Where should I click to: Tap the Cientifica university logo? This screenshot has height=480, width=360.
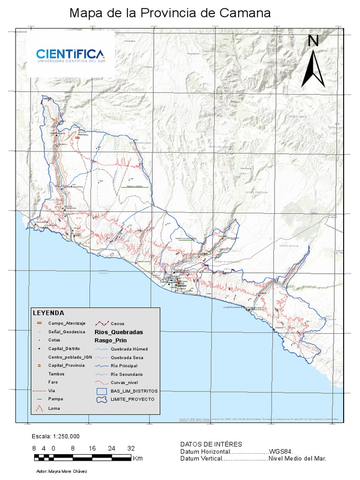[70, 55]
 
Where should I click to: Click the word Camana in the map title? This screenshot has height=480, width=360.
[247, 13]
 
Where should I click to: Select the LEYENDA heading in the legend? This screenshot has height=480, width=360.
[48, 313]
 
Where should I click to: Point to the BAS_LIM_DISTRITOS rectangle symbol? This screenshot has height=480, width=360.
[102, 390]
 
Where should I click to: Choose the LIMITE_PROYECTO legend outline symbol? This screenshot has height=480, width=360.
[102, 399]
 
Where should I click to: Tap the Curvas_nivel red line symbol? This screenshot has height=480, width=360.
[102, 382]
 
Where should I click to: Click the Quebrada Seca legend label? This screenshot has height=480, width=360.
[127, 358]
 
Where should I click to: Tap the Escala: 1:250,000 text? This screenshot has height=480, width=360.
[55, 436]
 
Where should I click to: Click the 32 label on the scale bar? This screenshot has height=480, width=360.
[131, 448]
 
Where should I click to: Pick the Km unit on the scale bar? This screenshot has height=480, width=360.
[138, 458]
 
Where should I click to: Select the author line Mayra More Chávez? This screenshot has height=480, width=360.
[61, 471]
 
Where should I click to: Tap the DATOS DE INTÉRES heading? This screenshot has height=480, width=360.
[211, 444]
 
